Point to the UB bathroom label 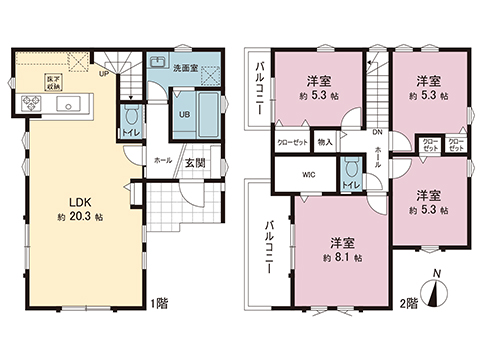pyautogui.click(x=184, y=113)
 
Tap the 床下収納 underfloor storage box pyautogui.click(x=51, y=83)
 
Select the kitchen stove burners pyautogui.click(x=26, y=104)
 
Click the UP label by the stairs pyautogui.click(x=103, y=72)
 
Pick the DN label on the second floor pyautogui.click(x=378, y=133)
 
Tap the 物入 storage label pyautogui.click(x=325, y=142)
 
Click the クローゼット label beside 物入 pyautogui.click(x=292, y=142)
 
